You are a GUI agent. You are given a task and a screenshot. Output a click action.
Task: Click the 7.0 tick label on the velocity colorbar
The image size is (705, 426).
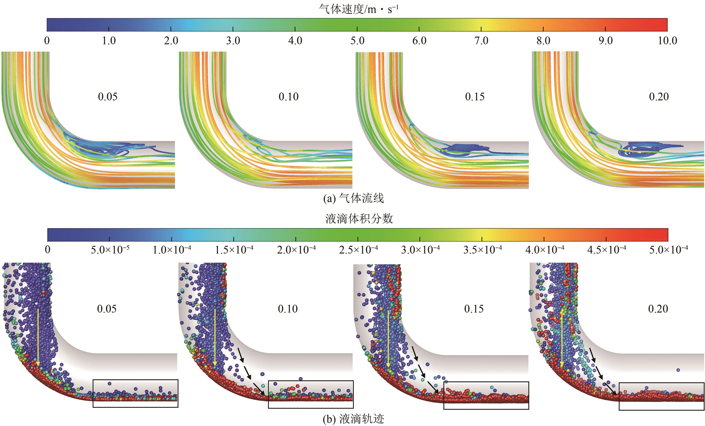coord(481,41)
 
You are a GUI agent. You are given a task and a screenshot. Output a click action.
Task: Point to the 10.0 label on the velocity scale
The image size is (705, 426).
coord(667,41)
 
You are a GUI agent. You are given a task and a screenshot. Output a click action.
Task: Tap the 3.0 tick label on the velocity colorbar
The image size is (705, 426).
coord(233,41)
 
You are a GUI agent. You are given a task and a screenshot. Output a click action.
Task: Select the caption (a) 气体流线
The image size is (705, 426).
coord(353,198)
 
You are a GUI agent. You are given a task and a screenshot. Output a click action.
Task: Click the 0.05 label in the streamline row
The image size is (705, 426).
coord(108,97)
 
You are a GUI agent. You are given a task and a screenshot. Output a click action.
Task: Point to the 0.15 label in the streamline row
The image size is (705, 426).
coord(475,97)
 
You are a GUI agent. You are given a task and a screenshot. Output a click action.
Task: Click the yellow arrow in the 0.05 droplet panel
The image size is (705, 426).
coord(38,338)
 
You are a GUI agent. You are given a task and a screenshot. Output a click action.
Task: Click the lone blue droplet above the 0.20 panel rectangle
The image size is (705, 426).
coord(678,370)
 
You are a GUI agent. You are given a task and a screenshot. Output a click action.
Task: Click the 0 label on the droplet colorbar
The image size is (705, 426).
coord(48,250)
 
